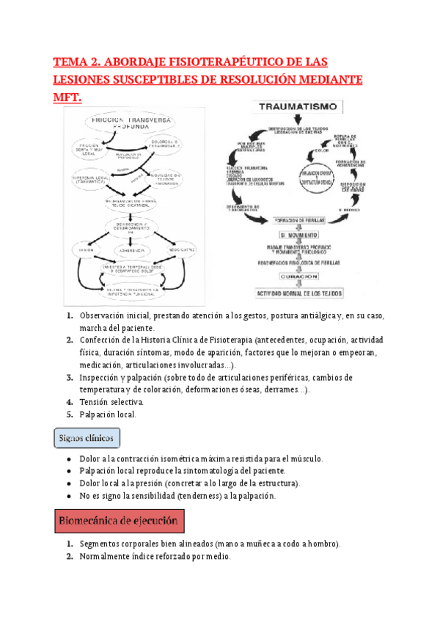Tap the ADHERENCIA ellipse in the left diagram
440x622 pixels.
coord(136,250)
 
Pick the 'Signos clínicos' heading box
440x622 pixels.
coord(87,438)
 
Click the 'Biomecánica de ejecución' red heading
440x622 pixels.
coord(120,522)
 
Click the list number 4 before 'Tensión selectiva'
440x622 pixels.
coord(69,401)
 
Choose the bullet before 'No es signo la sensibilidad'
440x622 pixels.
coord(68,496)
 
